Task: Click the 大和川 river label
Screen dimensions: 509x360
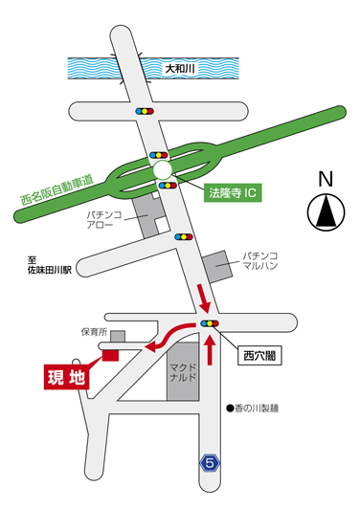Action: point(179,69)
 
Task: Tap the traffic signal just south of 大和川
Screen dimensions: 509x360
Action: point(144,111)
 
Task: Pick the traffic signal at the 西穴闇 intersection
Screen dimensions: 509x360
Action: point(208,325)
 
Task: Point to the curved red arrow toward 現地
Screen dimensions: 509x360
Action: point(170,337)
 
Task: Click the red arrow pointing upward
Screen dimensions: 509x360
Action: point(209,350)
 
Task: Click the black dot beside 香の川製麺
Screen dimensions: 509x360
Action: point(231,409)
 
